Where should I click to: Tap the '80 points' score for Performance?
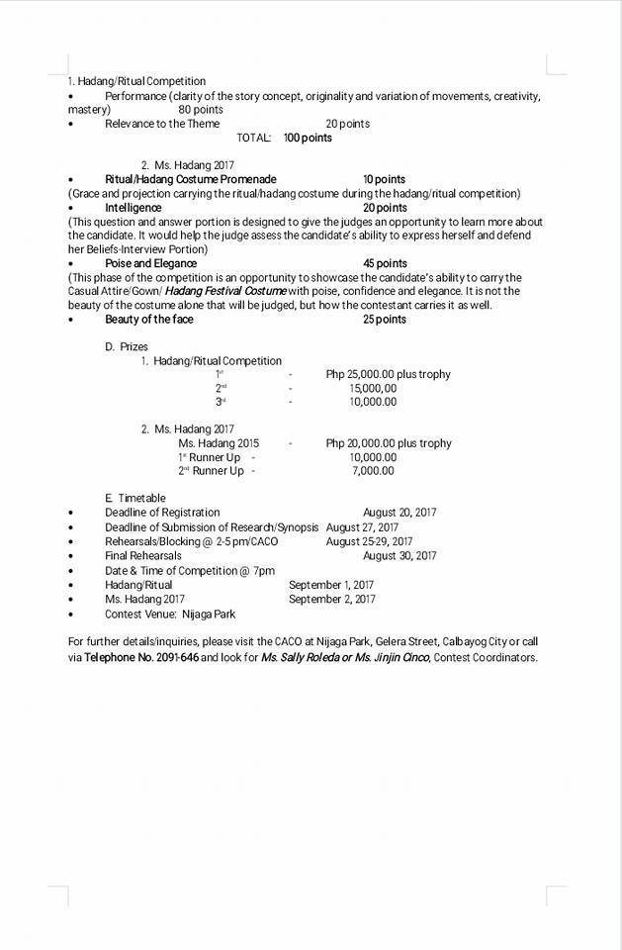tap(201, 110)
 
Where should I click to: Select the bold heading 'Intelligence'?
tap(133, 208)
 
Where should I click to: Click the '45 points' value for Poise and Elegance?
tap(385, 263)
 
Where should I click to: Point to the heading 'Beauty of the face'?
tap(149, 320)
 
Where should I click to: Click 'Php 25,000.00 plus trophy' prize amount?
tap(388, 374)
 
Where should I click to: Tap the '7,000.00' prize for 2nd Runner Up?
tap(373, 471)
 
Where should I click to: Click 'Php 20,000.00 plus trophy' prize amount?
tap(388, 443)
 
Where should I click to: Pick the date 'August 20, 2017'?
tap(400, 513)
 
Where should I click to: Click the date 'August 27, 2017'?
tap(362, 527)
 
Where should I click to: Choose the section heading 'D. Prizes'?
tap(126, 346)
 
